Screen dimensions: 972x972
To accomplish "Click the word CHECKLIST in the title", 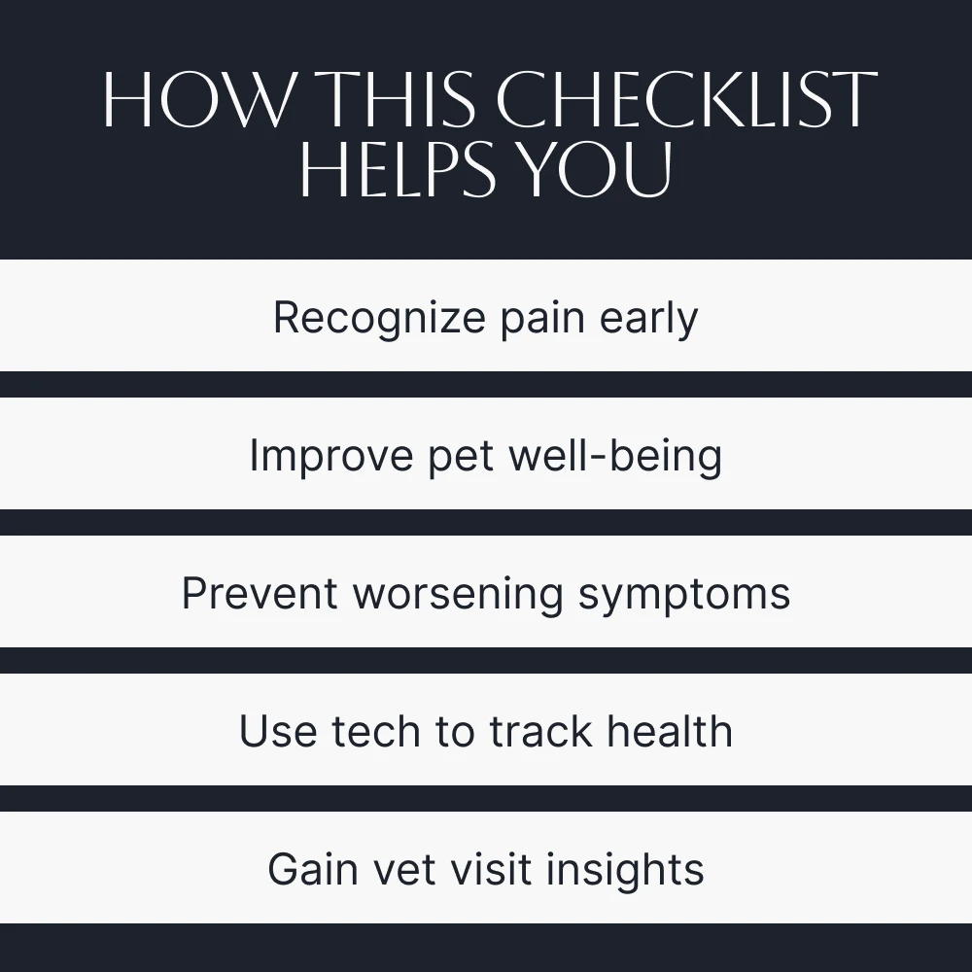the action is (x=687, y=99).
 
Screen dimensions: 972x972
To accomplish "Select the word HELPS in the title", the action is (x=398, y=168).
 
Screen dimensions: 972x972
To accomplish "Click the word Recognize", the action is (x=379, y=319).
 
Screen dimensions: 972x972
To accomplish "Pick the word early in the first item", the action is (x=649, y=319).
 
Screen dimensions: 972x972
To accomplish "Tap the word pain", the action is (x=542, y=319).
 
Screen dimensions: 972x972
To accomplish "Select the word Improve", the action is (x=331, y=456).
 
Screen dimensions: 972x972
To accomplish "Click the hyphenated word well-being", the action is (x=615, y=455).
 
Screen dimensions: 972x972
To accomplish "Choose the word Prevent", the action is (x=260, y=593).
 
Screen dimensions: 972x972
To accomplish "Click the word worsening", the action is (x=458, y=595).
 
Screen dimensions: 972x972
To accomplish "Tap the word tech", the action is (x=375, y=731).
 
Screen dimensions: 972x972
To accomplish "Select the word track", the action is (x=540, y=731).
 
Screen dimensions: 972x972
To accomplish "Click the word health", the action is (x=670, y=731).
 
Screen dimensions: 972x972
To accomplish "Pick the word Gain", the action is (x=313, y=869).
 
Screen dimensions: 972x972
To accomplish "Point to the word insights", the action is (x=625, y=870).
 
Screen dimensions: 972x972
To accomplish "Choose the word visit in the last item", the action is (x=490, y=869).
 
